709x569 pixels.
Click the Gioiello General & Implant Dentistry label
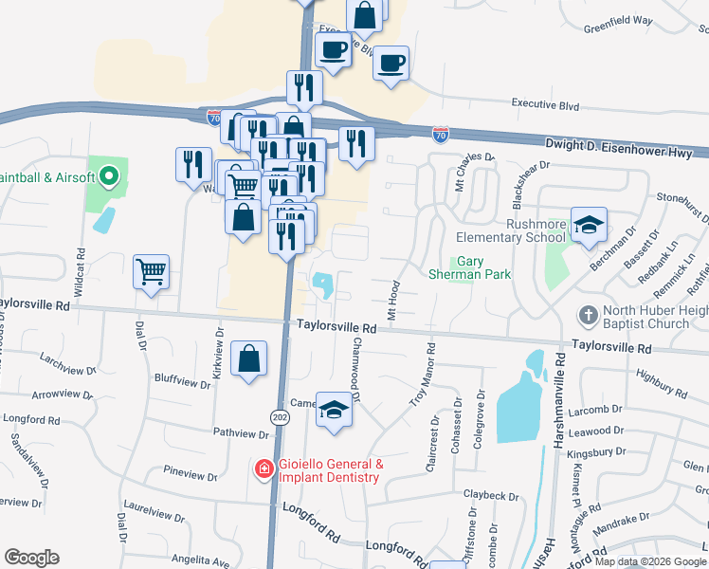330,470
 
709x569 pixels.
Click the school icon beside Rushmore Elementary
589,224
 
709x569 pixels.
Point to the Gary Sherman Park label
483,267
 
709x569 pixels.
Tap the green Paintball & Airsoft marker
108,176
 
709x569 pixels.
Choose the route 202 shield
279,417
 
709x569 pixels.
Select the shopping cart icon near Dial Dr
152,272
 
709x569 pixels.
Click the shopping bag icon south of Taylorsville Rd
248,359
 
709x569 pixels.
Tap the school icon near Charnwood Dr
334,410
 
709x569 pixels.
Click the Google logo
31,558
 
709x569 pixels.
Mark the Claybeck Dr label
495,494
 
